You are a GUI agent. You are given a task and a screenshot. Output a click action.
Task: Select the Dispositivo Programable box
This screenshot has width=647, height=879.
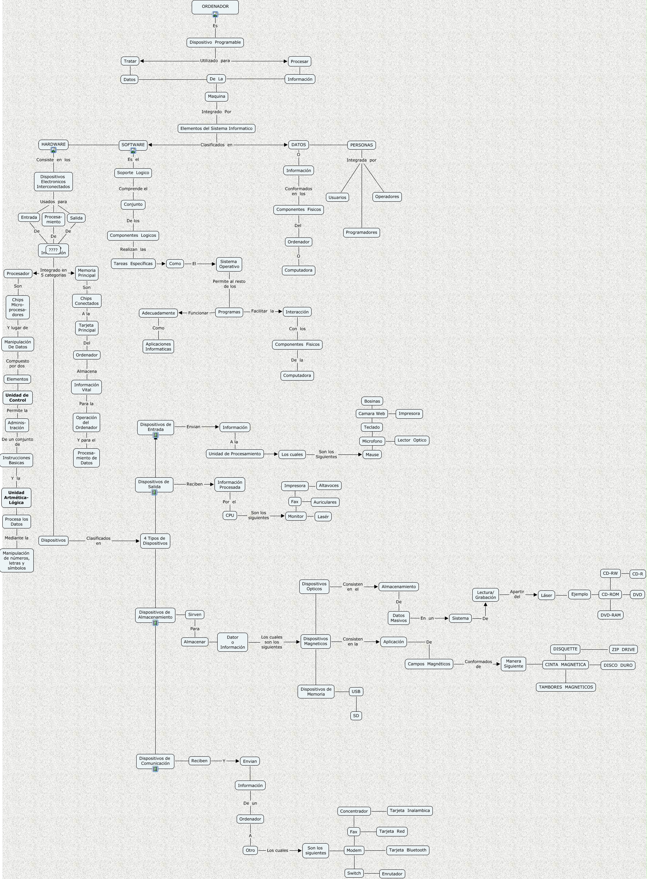pyautogui.click(x=215, y=42)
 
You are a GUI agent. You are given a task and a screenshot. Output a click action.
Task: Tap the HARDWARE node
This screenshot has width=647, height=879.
pyautogui.click(x=54, y=144)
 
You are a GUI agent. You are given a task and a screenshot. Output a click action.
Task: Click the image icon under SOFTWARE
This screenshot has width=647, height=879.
pyautogui.click(x=133, y=151)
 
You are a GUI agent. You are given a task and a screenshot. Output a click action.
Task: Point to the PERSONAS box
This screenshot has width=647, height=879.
pyautogui.click(x=361, y=145)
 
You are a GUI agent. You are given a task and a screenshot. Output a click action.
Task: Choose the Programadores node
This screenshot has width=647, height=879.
pyautogui.click(x=361, y=232)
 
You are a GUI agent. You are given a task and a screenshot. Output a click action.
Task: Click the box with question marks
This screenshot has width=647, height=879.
pyautogui.click(x=53, y=250)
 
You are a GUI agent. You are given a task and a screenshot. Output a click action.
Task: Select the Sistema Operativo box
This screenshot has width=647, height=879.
pyautogui.click(x=229, y=264)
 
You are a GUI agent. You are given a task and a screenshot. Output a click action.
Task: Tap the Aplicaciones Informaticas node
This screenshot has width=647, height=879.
pyautogui.click(x=158, y=346)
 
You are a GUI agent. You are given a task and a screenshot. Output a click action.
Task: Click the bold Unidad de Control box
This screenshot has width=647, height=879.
pyautogui.click(x=17, y=397)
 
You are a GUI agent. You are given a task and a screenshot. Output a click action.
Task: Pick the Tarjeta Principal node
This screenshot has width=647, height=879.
pyautogui.click(x=86, y=328)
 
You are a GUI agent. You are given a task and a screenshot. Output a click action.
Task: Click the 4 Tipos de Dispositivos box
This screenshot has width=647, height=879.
pyautogui.click(x=155, y=541)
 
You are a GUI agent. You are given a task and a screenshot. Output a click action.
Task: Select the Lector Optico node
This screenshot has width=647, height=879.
pyautogui.click(x=412, y=440)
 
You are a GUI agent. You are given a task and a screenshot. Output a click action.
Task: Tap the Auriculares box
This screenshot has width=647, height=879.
pyautogui.click(x=325, y=502)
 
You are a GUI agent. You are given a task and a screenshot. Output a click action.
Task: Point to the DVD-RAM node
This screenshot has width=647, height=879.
pyautogui.click(x=610, y=615)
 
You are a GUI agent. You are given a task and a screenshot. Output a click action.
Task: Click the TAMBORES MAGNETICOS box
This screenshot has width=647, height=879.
pyautogui.click(x=566, y=687)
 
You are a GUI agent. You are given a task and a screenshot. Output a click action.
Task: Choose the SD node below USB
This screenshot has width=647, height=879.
pyautogui.click(x=356, y=715)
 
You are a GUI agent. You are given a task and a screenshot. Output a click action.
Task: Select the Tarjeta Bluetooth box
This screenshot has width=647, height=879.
pyautogui.click(x=407, y=850)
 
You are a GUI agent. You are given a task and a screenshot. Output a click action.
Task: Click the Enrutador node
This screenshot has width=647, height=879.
pyautogui.click(x=392, y=874)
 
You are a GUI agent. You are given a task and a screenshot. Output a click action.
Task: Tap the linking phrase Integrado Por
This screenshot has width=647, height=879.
pyautogui.click(x=216, y=112)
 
